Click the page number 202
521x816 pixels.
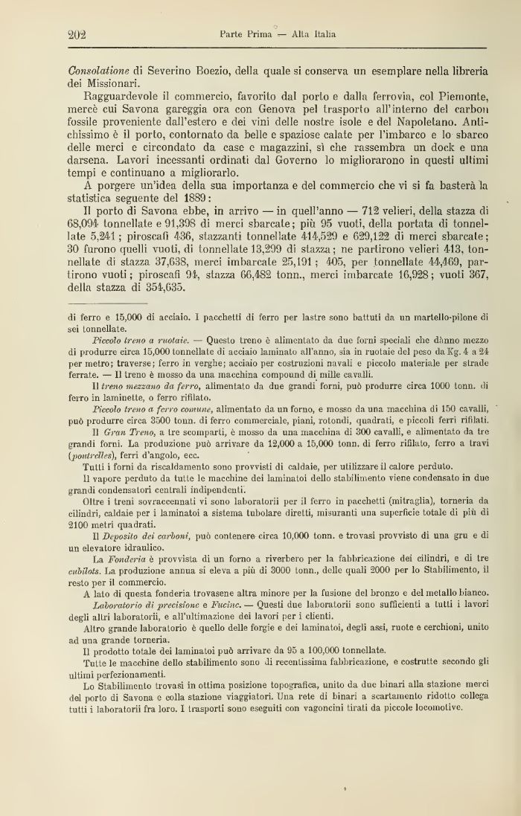pos(78,34)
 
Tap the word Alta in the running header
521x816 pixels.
pos(301,34)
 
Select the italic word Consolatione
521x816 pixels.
pos(99,70)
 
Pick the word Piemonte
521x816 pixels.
pos(463,97)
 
